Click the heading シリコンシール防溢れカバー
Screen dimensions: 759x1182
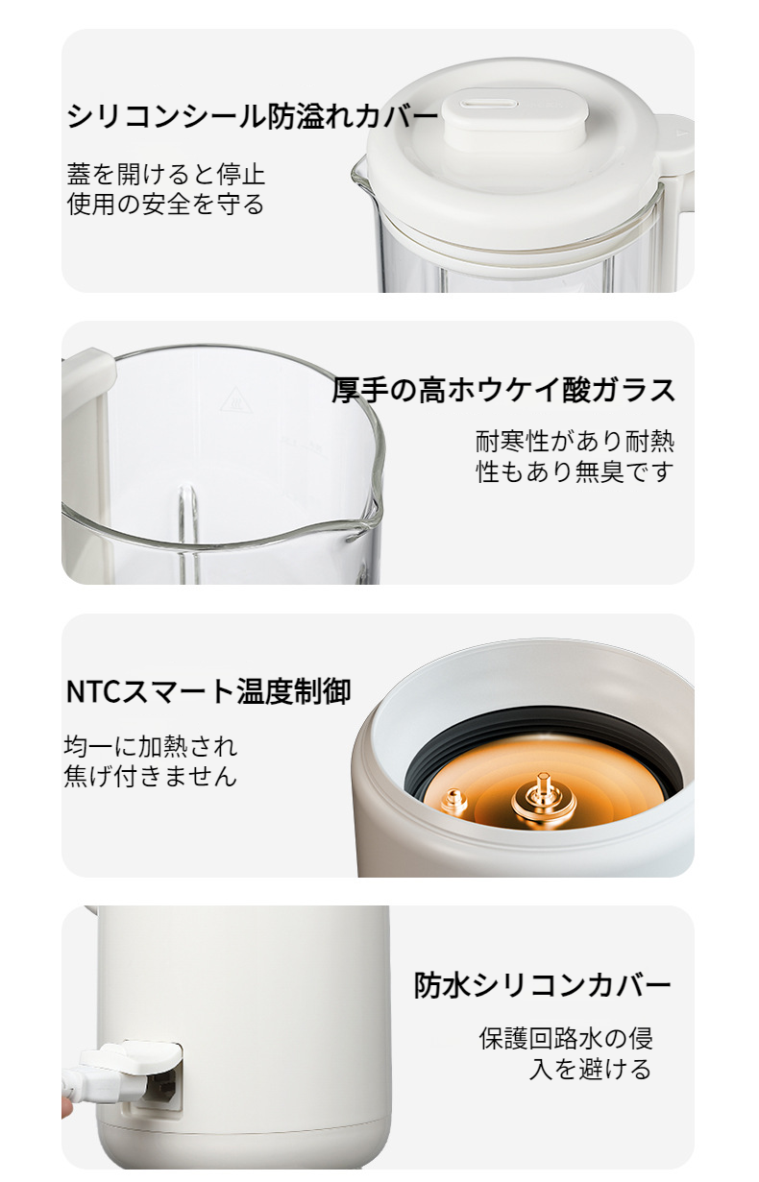tap(253, 115)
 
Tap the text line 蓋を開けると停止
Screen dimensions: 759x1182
tap(166, 174)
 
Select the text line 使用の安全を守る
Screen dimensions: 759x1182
tap(166, 204)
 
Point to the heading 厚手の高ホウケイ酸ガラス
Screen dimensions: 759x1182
tap(503, 390)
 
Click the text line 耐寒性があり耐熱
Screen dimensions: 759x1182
tap(575, 441)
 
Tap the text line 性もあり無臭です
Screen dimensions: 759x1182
tap(575, 471)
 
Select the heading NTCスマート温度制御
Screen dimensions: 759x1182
tap(208, 691)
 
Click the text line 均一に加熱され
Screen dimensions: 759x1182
tap(151, 746)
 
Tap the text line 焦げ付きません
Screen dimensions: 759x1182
tap(151, 776)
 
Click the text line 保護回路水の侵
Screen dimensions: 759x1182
tap(566, 1039)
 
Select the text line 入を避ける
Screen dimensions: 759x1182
tap(590, 1069)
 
